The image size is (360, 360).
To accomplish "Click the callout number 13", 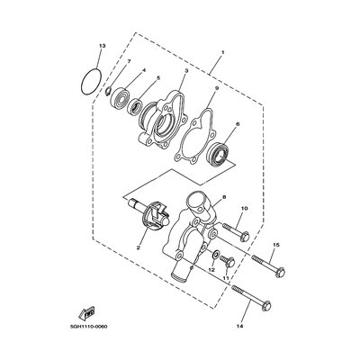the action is point(103,46).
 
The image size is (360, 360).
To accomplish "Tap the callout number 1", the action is point(222,52).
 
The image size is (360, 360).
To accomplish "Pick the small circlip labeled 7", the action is point(109,91).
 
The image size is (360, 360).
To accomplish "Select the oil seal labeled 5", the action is point(135,107).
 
